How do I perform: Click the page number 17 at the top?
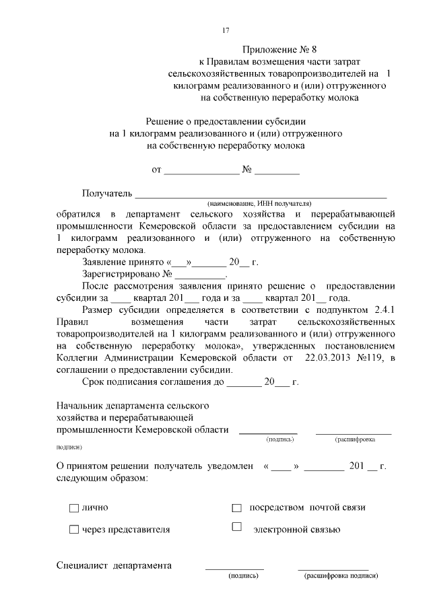226,30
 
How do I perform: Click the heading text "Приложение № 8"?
277,50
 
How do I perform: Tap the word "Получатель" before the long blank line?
107,194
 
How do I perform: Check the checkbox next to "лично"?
74,508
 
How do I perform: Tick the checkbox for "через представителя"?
74,530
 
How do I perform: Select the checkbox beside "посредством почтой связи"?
236,508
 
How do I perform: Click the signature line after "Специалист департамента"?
234,567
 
